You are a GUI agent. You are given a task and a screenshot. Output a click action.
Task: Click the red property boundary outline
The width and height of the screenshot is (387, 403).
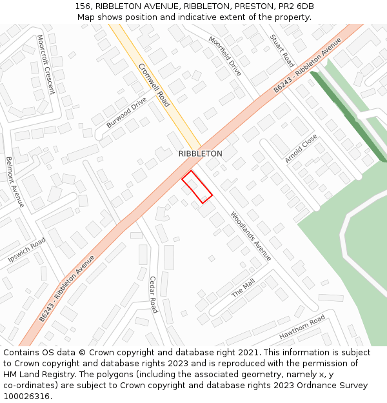197,187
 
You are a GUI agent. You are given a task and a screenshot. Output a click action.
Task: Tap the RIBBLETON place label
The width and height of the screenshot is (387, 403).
200,153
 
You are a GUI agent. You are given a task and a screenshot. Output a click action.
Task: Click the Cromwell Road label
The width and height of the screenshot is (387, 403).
154,85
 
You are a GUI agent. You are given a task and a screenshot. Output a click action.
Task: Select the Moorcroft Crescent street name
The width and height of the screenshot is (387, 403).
46,64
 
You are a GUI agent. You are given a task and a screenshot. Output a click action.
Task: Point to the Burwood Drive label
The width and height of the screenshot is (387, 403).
127,112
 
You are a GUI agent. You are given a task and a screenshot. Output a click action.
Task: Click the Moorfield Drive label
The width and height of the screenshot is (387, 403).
224,56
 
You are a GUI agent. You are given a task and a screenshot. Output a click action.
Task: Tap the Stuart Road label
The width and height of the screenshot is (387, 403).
283,51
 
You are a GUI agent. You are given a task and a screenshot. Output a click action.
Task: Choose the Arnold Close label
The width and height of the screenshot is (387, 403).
301,148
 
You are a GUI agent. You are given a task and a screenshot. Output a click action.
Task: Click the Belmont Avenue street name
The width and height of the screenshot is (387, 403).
15,181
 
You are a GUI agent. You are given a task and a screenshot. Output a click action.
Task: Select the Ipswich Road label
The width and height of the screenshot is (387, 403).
26,250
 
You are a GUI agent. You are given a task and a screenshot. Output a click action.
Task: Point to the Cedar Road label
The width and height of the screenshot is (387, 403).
153,294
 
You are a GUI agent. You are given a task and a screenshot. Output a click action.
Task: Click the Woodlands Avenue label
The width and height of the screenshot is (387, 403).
251,237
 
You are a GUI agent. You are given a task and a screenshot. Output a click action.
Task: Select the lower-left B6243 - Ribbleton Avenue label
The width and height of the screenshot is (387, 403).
66,288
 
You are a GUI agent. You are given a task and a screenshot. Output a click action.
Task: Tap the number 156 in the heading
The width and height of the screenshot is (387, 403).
82,6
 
